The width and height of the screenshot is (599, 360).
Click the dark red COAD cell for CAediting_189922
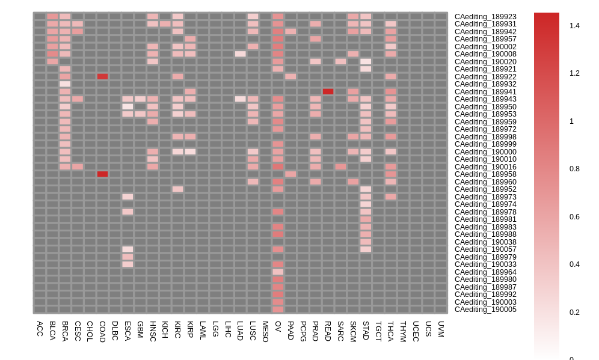click(102, 76)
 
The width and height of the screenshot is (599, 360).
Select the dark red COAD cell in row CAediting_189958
click(102, 174)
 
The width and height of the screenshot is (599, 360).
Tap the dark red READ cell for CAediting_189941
click(328, 91)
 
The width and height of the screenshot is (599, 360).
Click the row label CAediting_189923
click(485, 17)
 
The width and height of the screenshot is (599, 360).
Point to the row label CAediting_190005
click(485, 310)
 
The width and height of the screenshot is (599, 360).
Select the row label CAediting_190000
click(485, 152)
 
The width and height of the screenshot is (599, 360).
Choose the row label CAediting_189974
click(485, 204)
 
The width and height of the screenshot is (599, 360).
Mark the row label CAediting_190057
click(485, 249)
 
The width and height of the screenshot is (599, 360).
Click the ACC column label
click(40, 328)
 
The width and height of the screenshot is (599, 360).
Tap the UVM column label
click(441, 329)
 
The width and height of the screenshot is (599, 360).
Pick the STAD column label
click(366, 331)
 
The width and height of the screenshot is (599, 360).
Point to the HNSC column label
click(152, 331)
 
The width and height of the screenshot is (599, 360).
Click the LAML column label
click(203, 331)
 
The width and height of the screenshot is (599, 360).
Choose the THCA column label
click(390, 331)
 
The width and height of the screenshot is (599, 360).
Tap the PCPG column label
click(303, 331)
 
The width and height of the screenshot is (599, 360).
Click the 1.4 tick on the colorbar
click(574, 26)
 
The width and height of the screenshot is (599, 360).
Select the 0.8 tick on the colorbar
click(574, 169)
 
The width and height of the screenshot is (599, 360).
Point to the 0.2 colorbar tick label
click(574, 313)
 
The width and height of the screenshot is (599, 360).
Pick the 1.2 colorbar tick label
click(574, 73)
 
